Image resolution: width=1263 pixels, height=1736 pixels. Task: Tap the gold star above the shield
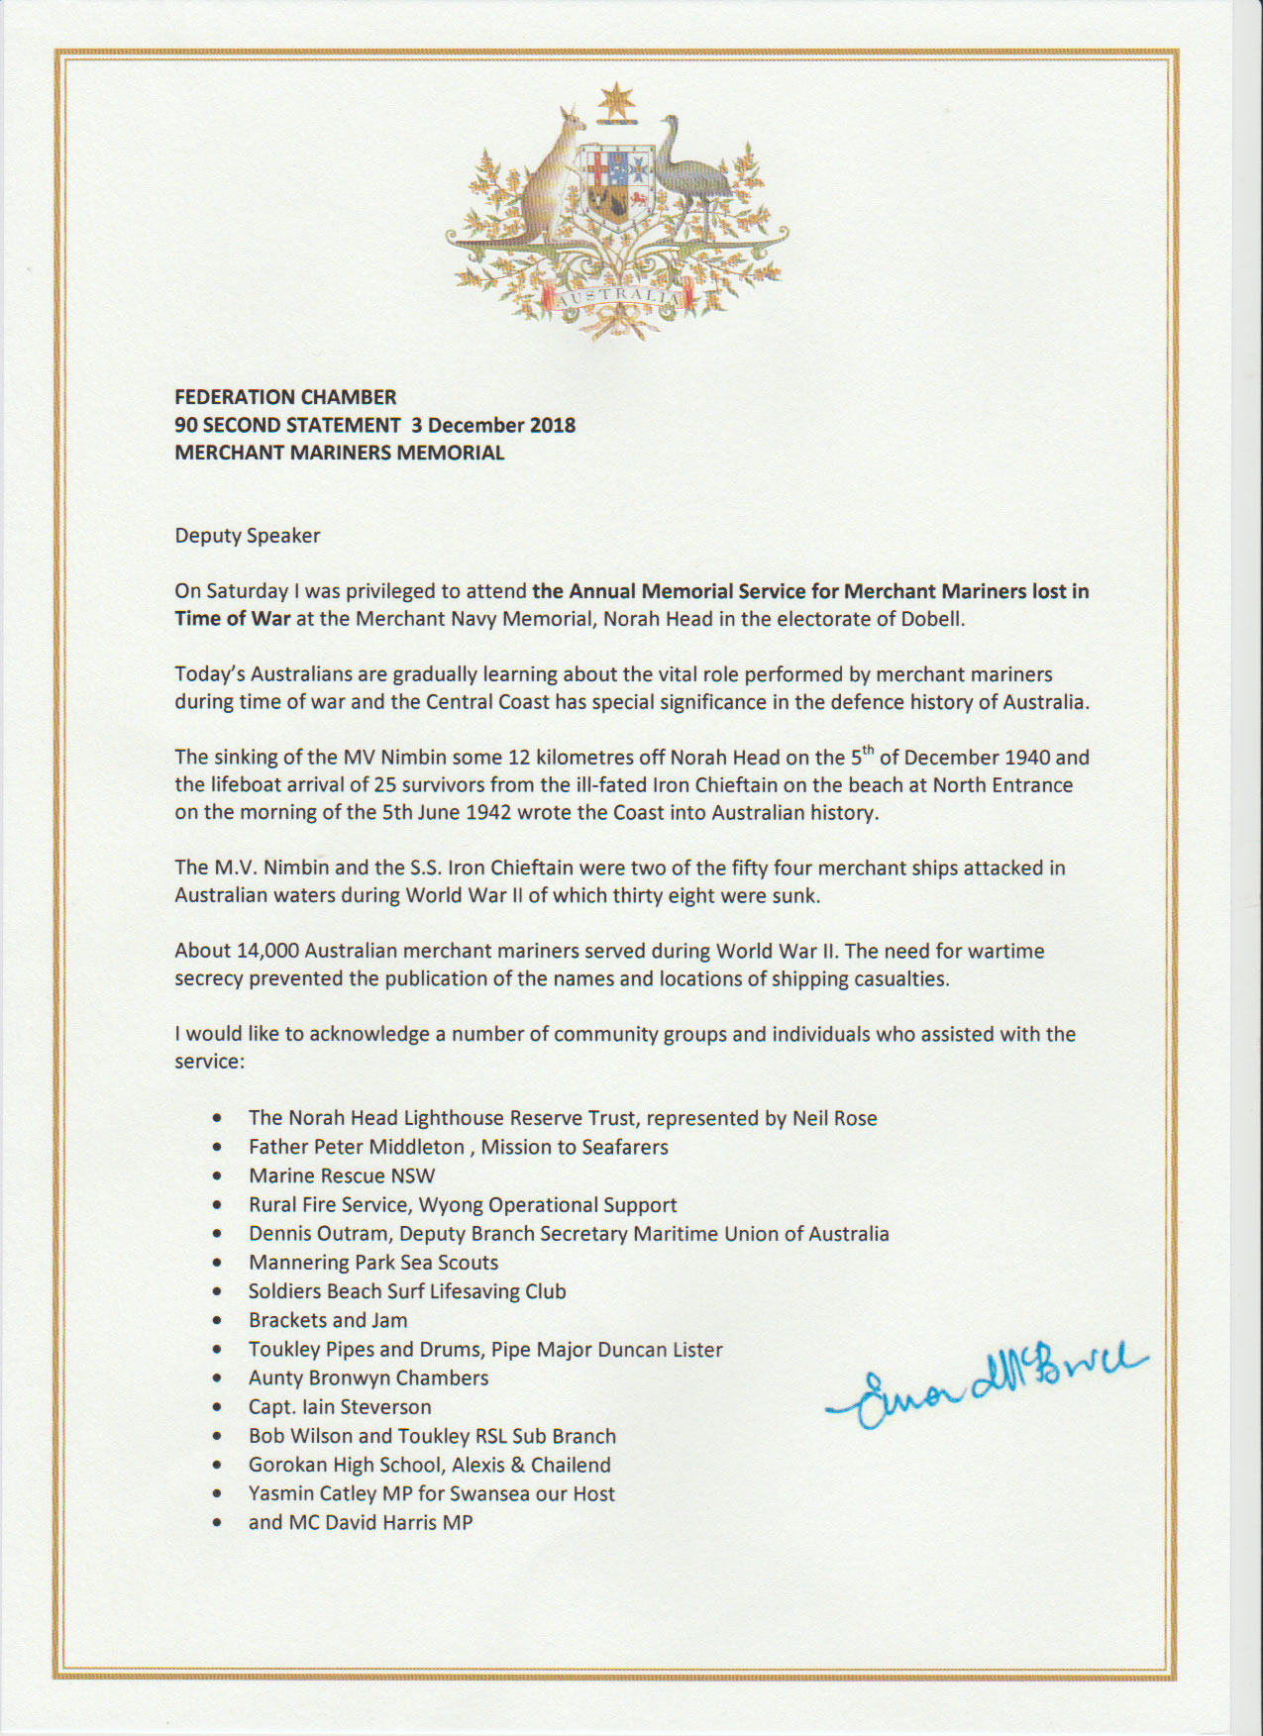(614, 103)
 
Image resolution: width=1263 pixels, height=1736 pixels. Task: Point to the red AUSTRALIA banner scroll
(614, 296)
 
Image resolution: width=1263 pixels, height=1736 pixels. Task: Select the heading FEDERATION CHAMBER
(285, 397)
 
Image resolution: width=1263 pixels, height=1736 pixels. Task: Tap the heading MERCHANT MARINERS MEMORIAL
(340, 453)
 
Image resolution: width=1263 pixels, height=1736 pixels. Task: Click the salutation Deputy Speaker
(248, 536)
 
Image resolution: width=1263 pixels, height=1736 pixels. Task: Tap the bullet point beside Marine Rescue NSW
(217, 1176)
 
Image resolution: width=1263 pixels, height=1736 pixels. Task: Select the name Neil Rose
(834, 1118)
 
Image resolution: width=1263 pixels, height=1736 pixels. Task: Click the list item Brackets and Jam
(328, 1320)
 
